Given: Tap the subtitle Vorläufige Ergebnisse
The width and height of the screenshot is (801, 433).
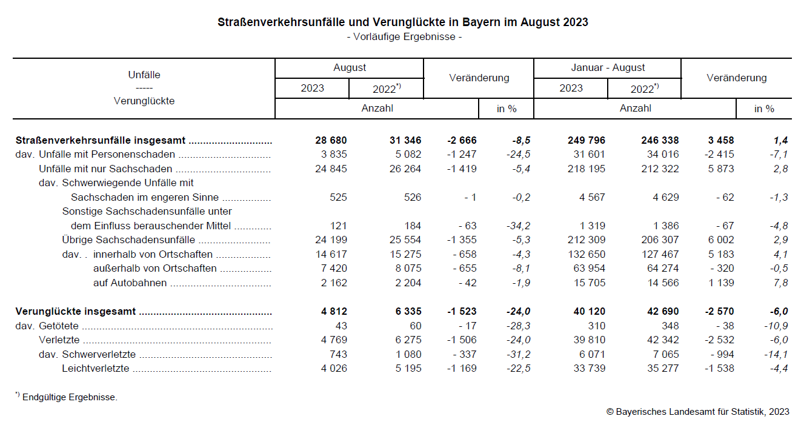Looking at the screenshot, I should [404, 37].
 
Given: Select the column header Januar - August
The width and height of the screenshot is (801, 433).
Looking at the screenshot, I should [608, 68].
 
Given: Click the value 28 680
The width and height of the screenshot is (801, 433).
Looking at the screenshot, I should [331, 140].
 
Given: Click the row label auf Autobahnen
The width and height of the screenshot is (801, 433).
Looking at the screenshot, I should [130, 283].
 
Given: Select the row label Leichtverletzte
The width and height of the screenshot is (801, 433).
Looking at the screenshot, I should [95, 369].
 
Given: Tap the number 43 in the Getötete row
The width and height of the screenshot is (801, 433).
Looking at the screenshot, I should [341, 326].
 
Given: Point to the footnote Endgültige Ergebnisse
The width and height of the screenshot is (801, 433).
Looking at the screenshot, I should [69, 398].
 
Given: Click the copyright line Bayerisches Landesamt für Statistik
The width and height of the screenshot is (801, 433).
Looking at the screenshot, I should [697, 412].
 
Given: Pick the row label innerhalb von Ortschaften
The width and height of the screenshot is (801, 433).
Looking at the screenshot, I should [153, 254].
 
